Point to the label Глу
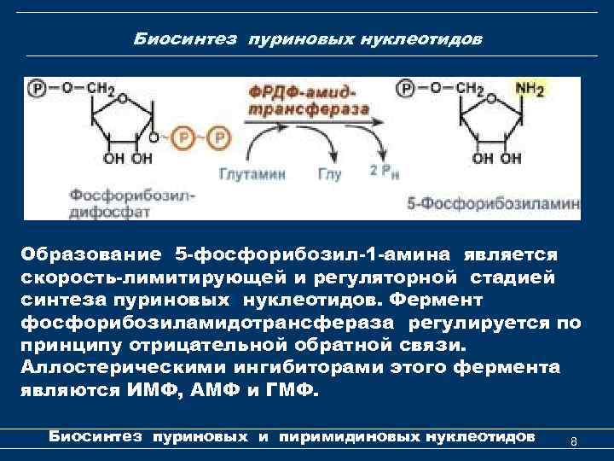coord(330,174)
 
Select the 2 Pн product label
coord(383,172)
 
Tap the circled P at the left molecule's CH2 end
coord(38,88)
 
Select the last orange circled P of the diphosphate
coord(219,137)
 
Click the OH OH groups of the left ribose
coord(129,159)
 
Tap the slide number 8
coord(573,441)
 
